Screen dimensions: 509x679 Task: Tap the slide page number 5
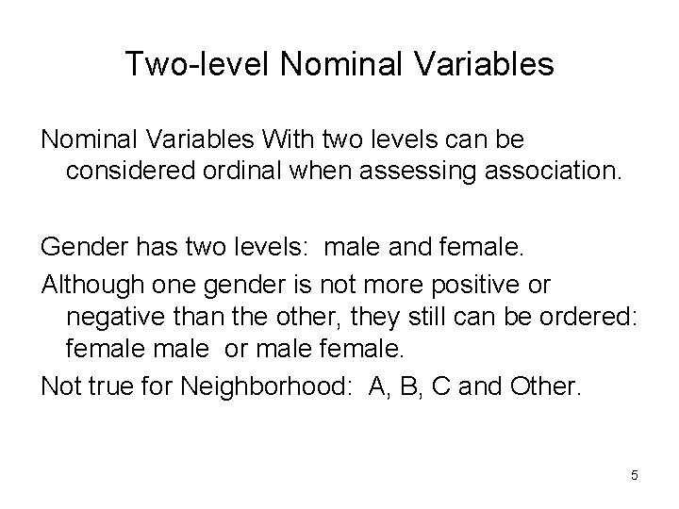635,475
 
